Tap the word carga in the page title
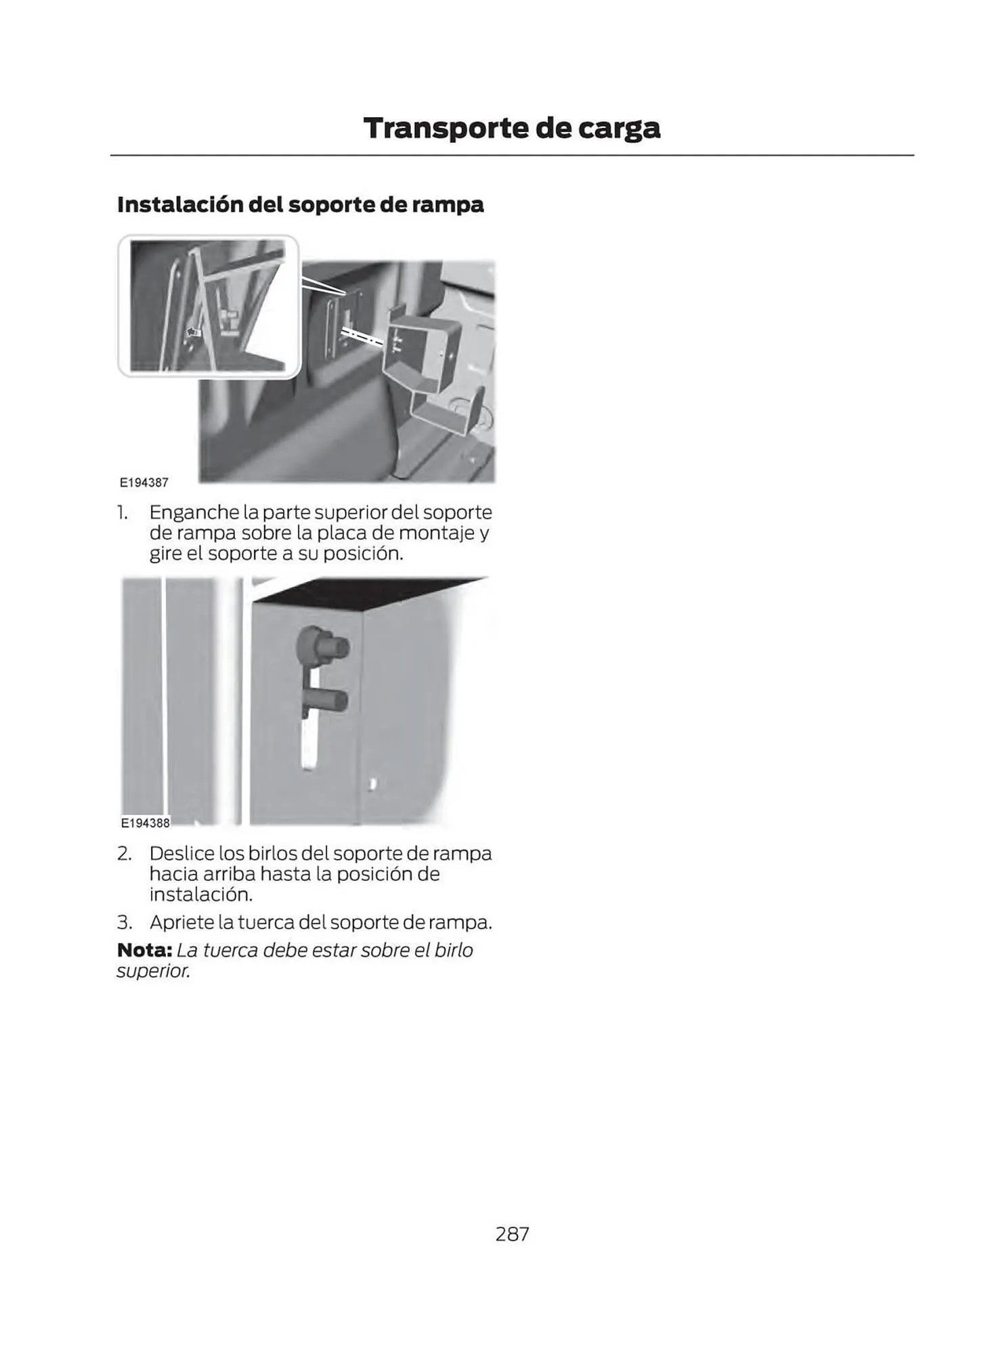[618, 128]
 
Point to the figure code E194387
[144, 483]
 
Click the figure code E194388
[145, 823]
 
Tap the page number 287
[512, 1234]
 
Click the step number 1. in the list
[123, 512]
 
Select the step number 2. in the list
[124, 854]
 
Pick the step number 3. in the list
[124, 923]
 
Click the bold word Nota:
[144, 951]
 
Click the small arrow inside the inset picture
[194, 332]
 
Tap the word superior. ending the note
[153, 971]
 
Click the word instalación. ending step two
[200, 895]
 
